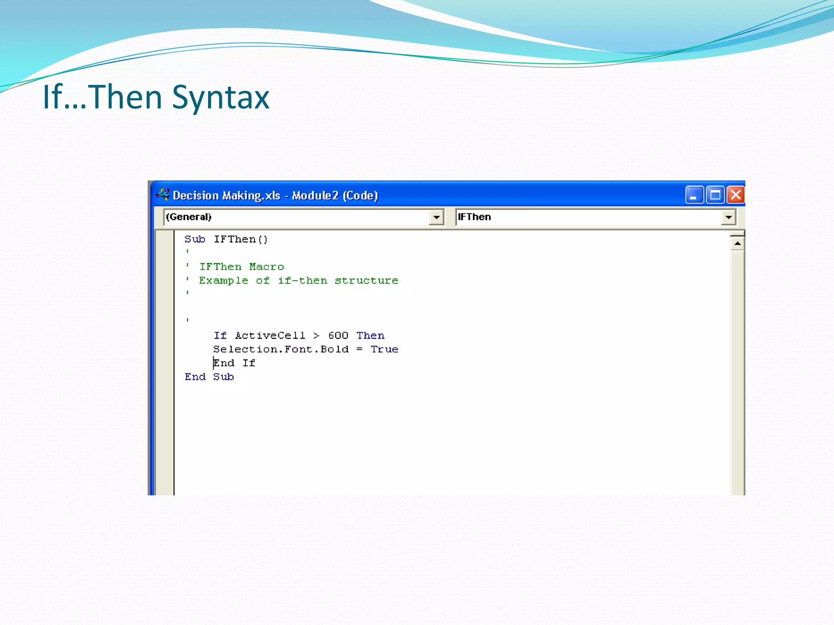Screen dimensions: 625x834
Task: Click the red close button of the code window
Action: [736, 195]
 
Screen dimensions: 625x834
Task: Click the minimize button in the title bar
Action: [694, 195]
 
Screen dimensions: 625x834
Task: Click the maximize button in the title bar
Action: [715, 195]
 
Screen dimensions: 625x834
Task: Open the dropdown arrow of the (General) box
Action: [436, 217]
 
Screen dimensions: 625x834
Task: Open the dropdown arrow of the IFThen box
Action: [729, 217]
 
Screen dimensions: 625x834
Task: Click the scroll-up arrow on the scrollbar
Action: [737, 244]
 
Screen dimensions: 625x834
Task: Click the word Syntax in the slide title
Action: [220, 97]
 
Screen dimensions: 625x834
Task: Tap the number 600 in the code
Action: [338, 336]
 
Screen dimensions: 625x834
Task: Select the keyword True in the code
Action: [384, 350]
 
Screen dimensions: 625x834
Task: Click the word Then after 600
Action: [370, 336]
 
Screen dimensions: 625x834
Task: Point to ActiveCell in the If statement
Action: [270, 336]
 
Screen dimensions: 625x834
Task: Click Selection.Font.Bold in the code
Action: [281, 350]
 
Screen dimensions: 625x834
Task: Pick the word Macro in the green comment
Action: [266, 267]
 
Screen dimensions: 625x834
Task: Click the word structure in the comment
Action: [366, 281]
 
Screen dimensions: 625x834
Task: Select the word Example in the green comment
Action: [223, 281]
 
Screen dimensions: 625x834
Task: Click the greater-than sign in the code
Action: [316, 336]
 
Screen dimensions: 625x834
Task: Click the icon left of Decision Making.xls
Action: [163, 195]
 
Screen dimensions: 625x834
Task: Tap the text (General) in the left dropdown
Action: [189, 217]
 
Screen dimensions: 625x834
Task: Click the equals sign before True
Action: [359, 350]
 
